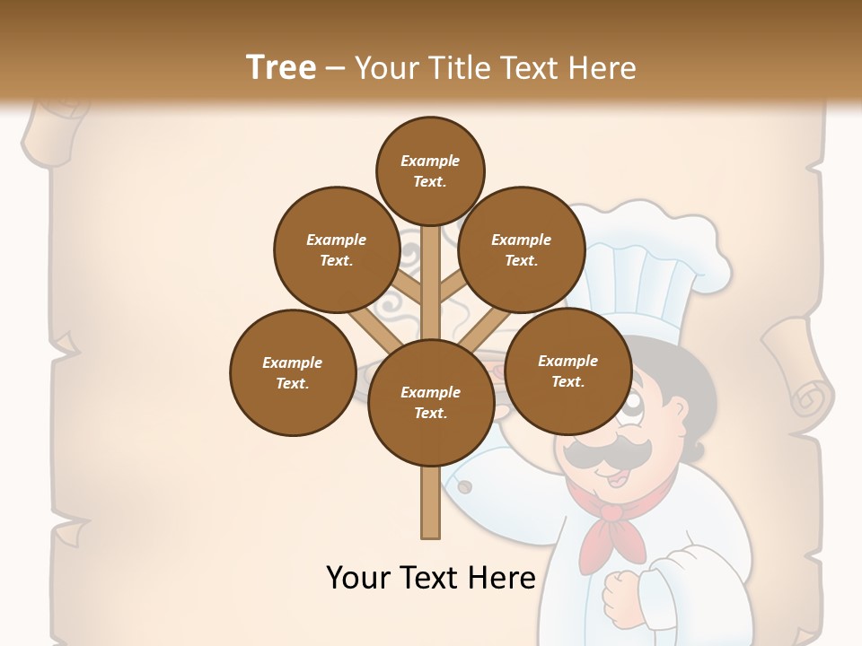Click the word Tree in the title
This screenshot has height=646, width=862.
tap(281, 67)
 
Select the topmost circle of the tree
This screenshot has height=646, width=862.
tap(430, 170)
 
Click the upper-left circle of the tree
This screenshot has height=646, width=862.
tap(337, 250)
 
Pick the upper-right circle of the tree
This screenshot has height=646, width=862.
tap(522, 250)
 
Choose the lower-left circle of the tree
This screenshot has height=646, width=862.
tap(293, 372)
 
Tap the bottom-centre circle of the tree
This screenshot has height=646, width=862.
tap(430, 403)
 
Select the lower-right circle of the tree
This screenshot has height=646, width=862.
tap(567, 371)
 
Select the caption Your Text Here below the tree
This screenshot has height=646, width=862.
tap(430, 578)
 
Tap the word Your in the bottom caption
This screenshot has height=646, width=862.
tap(357, 578)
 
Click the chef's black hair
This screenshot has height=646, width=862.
tap(687, 386)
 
